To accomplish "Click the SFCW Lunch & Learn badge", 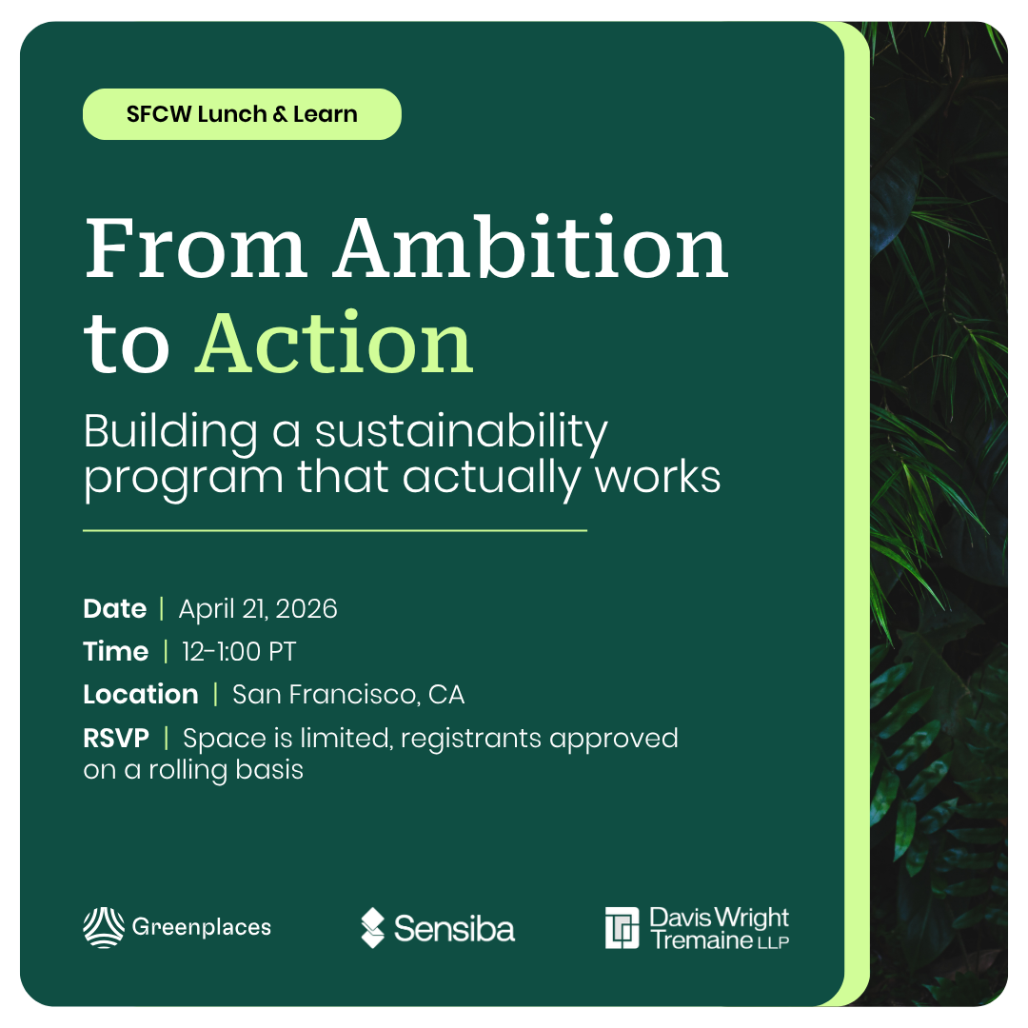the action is click(242, 114).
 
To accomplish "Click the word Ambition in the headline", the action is click(531, 247).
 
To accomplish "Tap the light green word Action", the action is click(334, 343).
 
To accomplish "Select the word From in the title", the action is click(195, 247).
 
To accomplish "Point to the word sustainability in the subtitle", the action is click(461, 433).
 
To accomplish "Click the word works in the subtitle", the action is click(658, 477).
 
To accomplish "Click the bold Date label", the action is click(115, 609).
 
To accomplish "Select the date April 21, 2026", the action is click(258, 609).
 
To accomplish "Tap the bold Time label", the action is click(115, 652).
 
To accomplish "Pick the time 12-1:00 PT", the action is click(239, 652).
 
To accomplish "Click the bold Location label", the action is click(140, 694).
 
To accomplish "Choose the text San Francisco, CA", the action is click(348, 695).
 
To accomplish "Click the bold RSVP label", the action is click(116, 739).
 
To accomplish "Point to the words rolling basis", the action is click(227, 770).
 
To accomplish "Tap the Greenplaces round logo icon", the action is click(104, 927).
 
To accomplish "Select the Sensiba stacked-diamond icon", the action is click(372, 928).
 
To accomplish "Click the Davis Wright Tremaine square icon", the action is click(622, 928).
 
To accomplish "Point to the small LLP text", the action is click(774, 942).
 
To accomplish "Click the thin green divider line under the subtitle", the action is click(335, 530).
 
